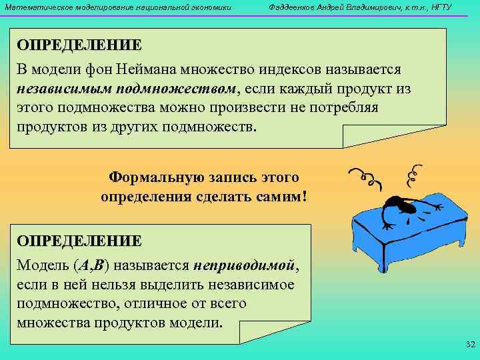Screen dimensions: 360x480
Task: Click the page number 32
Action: [468, 345]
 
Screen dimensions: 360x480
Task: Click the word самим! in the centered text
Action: [282, 197]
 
